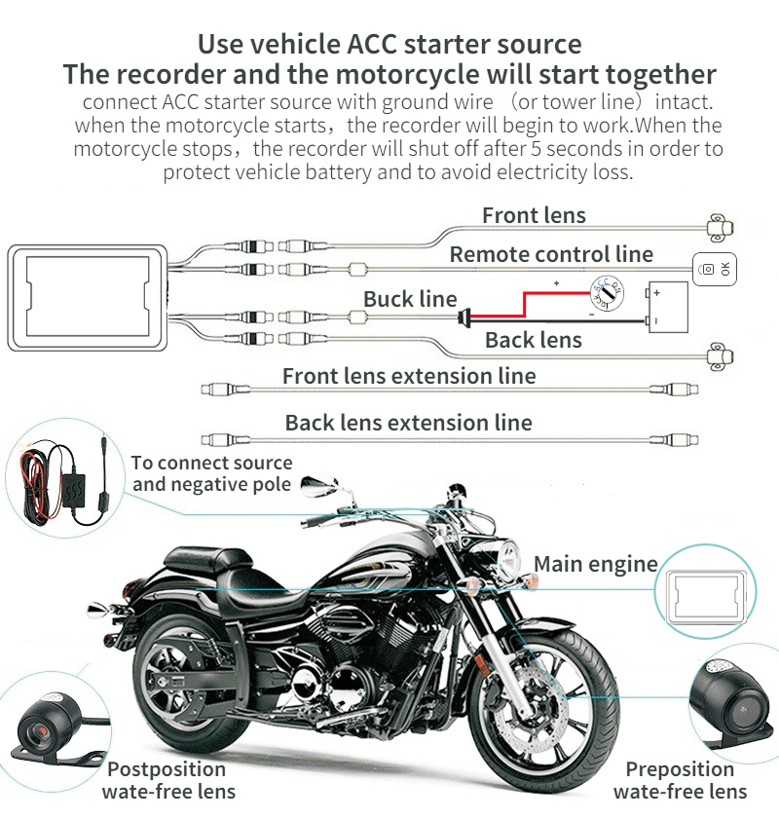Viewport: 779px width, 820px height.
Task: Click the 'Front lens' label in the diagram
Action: coord(534,215)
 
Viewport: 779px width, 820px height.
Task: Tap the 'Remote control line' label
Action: coord(551,254)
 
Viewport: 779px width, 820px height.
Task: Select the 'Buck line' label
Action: coord(410,299)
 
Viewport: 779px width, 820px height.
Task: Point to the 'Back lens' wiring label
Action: coord(533,340)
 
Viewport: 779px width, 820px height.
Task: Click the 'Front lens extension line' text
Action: coord(409,376)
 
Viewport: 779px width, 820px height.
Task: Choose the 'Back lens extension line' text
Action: coord(408,423)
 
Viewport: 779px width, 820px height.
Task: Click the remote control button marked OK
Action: coord(715,269)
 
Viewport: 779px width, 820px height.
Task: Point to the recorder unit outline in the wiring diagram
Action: coord(88,297)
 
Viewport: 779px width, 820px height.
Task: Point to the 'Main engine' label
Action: coord(595,563)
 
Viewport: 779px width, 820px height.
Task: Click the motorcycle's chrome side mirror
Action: coord(321,483)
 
